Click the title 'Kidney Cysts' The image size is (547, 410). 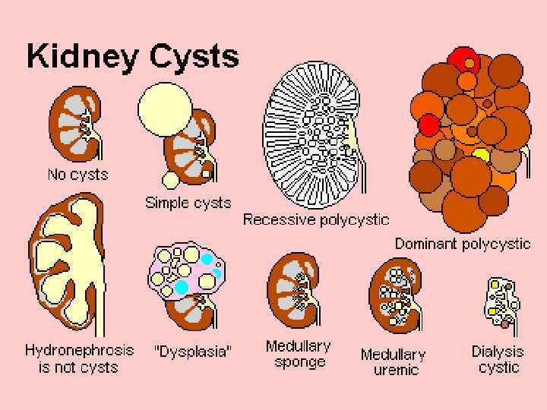pyautogui.click(x=132, y=56)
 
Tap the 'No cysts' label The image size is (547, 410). pyautogui.click(x=77, y=175)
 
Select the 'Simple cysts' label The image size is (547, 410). pyautogui.click(x=188, y=203)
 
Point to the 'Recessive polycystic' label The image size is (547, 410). pyautogui.click(x=315, y=220)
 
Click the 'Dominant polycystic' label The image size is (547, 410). pyautogui.click(x=462, y=244)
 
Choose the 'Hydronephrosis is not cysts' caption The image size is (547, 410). pyautogui.click(x=79, y=358)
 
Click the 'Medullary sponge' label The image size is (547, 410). pyautogui.click(x=299, y=354)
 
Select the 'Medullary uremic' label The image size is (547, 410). pyautogui.click(x=393, y=362)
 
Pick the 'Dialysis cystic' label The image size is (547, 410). pyautogui.click(x=498, y=359)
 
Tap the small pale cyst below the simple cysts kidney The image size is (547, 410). pyautogui.click(x=171, y=179)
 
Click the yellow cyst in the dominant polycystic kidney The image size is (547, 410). pyautogui.click(x=480, y=156)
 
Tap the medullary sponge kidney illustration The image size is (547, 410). pyautogui.click(x=292, y=293)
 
